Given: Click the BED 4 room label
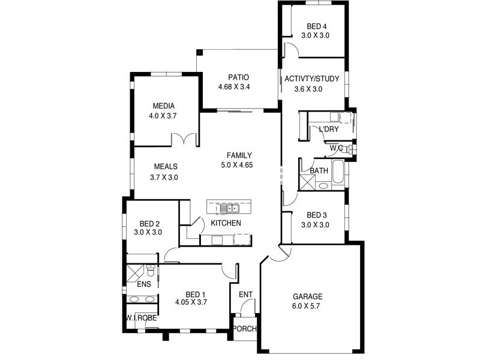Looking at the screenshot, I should (317, 26).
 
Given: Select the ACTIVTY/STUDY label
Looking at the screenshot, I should (312, 79).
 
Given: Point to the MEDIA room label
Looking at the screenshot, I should (163, 106).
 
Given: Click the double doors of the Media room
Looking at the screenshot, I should (185, 139).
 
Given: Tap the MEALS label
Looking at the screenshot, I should (165, 167).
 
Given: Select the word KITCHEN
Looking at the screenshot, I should (226, 223).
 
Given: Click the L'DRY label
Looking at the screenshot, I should (328, 130).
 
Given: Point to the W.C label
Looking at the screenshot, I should (336, 148).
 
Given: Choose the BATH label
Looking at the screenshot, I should (319, 171).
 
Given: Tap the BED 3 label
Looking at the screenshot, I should (316, 215).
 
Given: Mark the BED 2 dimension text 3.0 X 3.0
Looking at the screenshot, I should (148, 232).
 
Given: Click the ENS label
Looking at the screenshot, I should (144, 284).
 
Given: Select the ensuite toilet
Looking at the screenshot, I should (151, 273).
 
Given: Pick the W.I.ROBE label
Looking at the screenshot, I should (142, 318).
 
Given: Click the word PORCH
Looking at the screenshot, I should (244, 329).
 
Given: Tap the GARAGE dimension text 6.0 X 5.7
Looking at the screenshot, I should (307, 307).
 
